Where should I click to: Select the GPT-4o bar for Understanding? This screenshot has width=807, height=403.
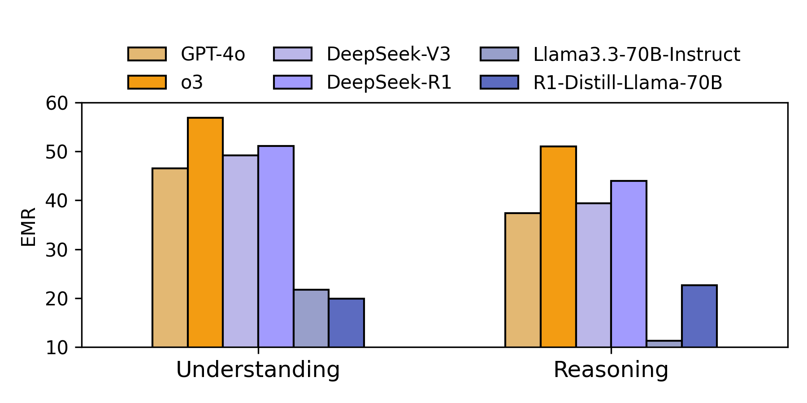[x=170, y=257]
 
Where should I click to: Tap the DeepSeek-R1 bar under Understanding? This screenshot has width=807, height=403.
[x=276, y=246]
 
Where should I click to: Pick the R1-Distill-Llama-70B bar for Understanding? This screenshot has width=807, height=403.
[x=346, y=322]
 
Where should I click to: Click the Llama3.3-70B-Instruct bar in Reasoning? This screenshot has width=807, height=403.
[x=664, y=343]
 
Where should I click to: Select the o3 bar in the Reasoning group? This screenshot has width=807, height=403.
[x=558, y=246]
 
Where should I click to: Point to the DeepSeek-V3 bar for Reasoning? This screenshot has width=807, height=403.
[x=594, y=275]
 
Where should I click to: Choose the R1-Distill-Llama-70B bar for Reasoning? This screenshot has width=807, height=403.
[x=699, y=316]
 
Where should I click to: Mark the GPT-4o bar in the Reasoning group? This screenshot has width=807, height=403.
[x=523, y=280]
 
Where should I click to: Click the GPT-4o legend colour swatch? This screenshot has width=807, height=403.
[x=147, y=54]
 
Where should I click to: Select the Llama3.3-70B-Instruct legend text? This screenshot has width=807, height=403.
[x=637, y=54]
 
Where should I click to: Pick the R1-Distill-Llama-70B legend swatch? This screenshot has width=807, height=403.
[x=499, y=82]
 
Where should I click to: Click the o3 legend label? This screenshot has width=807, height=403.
[x=192, y=82]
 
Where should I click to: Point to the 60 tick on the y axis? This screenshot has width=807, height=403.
[x=56, y=103]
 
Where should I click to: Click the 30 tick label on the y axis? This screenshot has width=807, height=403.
[x=56, y=250]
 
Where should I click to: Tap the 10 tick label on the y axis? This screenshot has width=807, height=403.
[x=56, y=347]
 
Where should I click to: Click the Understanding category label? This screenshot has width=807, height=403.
[x=258, y=370]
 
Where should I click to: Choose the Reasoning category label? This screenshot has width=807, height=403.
[x=611, y=370]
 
